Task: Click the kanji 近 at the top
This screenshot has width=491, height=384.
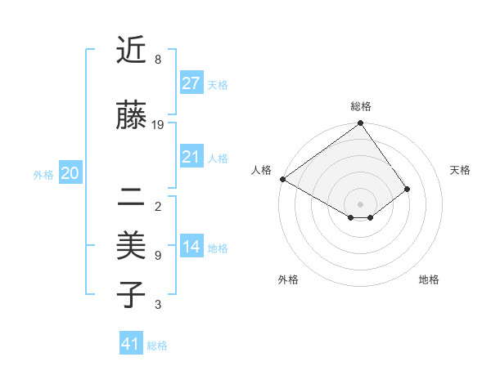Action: click(x=132, y=51)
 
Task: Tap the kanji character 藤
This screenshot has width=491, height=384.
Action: click(x=132, y=116)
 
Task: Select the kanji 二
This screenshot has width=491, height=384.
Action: click(x=132, y=197)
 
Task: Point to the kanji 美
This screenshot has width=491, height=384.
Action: click(x=132, y=246)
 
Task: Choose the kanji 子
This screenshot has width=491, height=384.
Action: click(x=132, y=295)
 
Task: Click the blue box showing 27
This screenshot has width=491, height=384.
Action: click(x=191, y=83)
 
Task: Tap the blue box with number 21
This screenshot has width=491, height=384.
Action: click(x=191, y=157)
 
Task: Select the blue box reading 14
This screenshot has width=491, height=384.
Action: click(x=191, y=247)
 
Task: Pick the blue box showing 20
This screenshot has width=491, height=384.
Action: click(x=70, y=173)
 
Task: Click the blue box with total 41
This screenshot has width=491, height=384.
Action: click(x=131, y=344)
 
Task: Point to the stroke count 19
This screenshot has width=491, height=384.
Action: click(x=158, y=125)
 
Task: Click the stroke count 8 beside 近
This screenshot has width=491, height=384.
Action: click(x=157, y=60)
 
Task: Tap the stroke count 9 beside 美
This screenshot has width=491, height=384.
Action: click(x=157, y=256)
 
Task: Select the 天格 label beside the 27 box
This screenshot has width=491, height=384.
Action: click(x=218, y=84)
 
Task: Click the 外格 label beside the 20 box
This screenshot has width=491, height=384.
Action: click(x=43, y=174)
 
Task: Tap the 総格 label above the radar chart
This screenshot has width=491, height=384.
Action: click(x=360, y=106)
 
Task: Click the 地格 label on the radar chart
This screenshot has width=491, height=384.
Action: click(x=429, y=279)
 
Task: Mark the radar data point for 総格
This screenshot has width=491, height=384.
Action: click(x=360, y=124)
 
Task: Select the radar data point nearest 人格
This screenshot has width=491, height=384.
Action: click(x=282, y=179)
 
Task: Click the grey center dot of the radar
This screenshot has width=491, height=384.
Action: click(x=360, y=203)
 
